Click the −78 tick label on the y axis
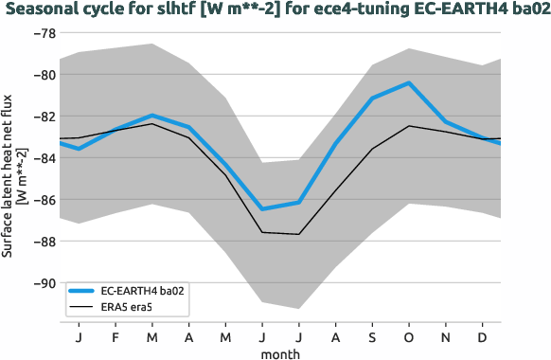[x=44, y=33]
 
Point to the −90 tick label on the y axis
[x=44, y=283]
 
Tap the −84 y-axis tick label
[x=44, y=158]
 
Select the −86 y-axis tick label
[x=44, y=200]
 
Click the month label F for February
[x=116, y=336]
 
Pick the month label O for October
[x=409, y=336]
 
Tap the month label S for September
[x=372, y=336]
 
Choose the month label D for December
[x=483, y=336]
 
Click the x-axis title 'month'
[x=281, y=352]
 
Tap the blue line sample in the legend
[x=82, y=291]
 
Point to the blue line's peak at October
[x=409, y=83]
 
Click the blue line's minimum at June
[x=262, y=208]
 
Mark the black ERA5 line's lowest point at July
[x=299, y=234]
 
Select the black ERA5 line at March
[x=152, y=124]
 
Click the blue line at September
[x=372, y=99]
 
